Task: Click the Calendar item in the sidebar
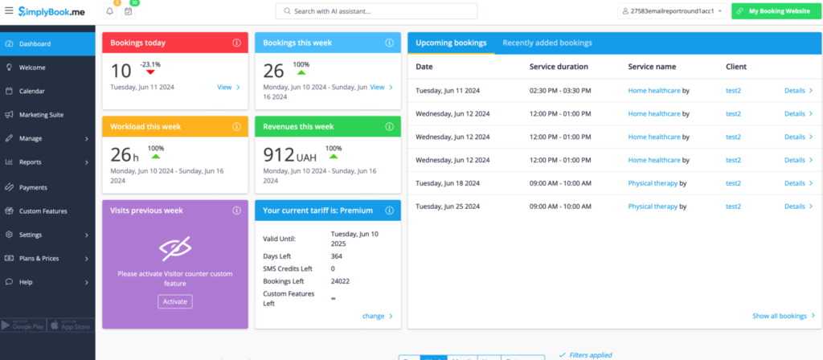(x=32, y=92)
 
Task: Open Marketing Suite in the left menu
(x=41, y=115)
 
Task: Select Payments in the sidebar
(x=33, y=187)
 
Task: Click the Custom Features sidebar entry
(x=43, y=211)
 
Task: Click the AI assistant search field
(x=376, y=11)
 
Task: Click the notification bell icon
(x=109, y=11)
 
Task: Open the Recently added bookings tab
(x=547, y=43)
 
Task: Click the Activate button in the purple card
(x=175, y=301)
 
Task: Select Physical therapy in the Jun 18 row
(x=653, y=183)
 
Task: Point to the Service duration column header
(x=559, y=67)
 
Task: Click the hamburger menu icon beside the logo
(x=9, y=11)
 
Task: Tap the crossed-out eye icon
(x=175, y=251)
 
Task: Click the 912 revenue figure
(x=280, y=154)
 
